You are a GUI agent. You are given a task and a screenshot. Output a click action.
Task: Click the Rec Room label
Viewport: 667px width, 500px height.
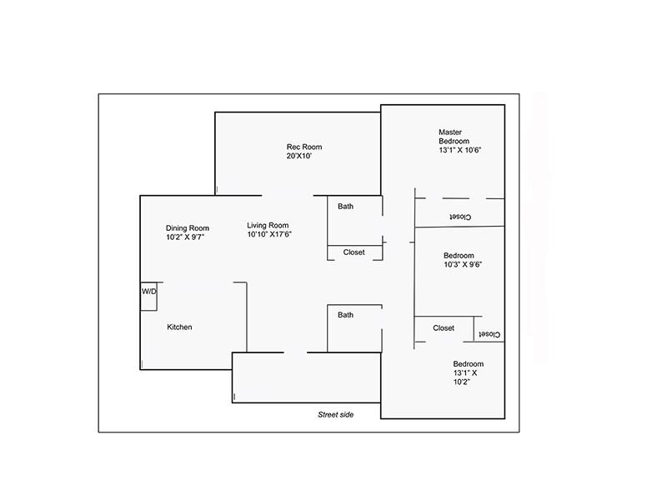(303, 147)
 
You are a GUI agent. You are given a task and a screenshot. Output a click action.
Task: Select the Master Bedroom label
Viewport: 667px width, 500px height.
(454, 136)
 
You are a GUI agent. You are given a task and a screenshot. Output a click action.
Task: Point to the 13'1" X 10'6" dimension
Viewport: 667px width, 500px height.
(461, 150)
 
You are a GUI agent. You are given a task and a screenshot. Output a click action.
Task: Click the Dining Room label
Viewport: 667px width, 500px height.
(187, 227)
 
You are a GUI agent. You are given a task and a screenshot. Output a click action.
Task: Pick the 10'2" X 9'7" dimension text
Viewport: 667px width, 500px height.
(185, 237)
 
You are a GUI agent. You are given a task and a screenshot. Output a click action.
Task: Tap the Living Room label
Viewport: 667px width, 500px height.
(268, 225)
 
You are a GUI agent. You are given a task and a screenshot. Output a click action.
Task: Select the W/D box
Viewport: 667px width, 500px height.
(148, 292)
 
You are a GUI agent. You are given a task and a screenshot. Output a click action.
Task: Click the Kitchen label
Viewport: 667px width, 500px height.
(179, 327)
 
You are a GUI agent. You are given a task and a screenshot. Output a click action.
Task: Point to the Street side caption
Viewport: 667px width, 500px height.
(335, 414)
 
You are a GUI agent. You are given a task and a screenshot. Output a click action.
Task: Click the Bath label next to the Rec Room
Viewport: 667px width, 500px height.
(345, 206)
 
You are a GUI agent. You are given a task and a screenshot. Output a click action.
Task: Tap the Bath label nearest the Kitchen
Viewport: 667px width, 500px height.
(345, 315)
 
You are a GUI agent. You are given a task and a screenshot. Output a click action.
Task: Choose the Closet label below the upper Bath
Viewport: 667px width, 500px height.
(354, 252)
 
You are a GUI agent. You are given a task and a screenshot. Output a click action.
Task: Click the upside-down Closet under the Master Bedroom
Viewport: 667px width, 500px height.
(459, 217)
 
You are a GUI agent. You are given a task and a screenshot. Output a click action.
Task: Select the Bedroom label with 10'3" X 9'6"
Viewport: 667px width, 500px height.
(459, 255)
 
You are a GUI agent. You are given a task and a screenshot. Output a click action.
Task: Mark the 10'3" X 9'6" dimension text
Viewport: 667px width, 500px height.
(464, 265)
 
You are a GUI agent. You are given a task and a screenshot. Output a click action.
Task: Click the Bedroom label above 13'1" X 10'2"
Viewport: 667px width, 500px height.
(468, 364)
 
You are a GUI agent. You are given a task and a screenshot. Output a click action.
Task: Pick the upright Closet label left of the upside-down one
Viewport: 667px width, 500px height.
(444, 327)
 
